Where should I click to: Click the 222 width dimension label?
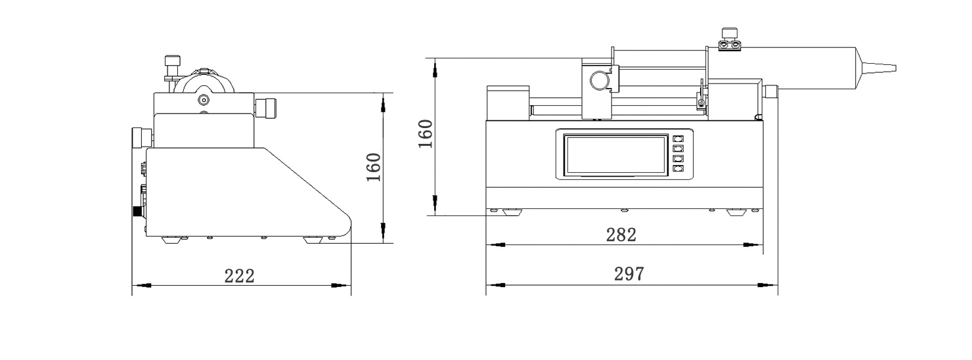coord(239,276)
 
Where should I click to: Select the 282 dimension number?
coord(621,235)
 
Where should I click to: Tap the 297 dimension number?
coord(629,274)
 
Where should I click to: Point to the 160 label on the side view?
coord(374,168)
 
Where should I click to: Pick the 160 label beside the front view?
coord(426,134)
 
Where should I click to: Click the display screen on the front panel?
coord(616,155)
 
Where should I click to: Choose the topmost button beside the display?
coord(678,139)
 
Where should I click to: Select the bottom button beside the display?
coord(678,169)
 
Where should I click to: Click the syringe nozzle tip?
coord(895,68)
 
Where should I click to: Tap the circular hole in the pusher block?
coord(599,81)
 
